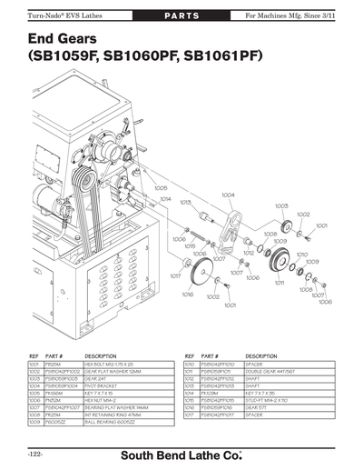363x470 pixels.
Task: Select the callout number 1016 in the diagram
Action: pos(188,295)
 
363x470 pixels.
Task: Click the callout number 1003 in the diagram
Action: pos(281,205)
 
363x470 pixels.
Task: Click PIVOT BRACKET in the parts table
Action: pos(103,385)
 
